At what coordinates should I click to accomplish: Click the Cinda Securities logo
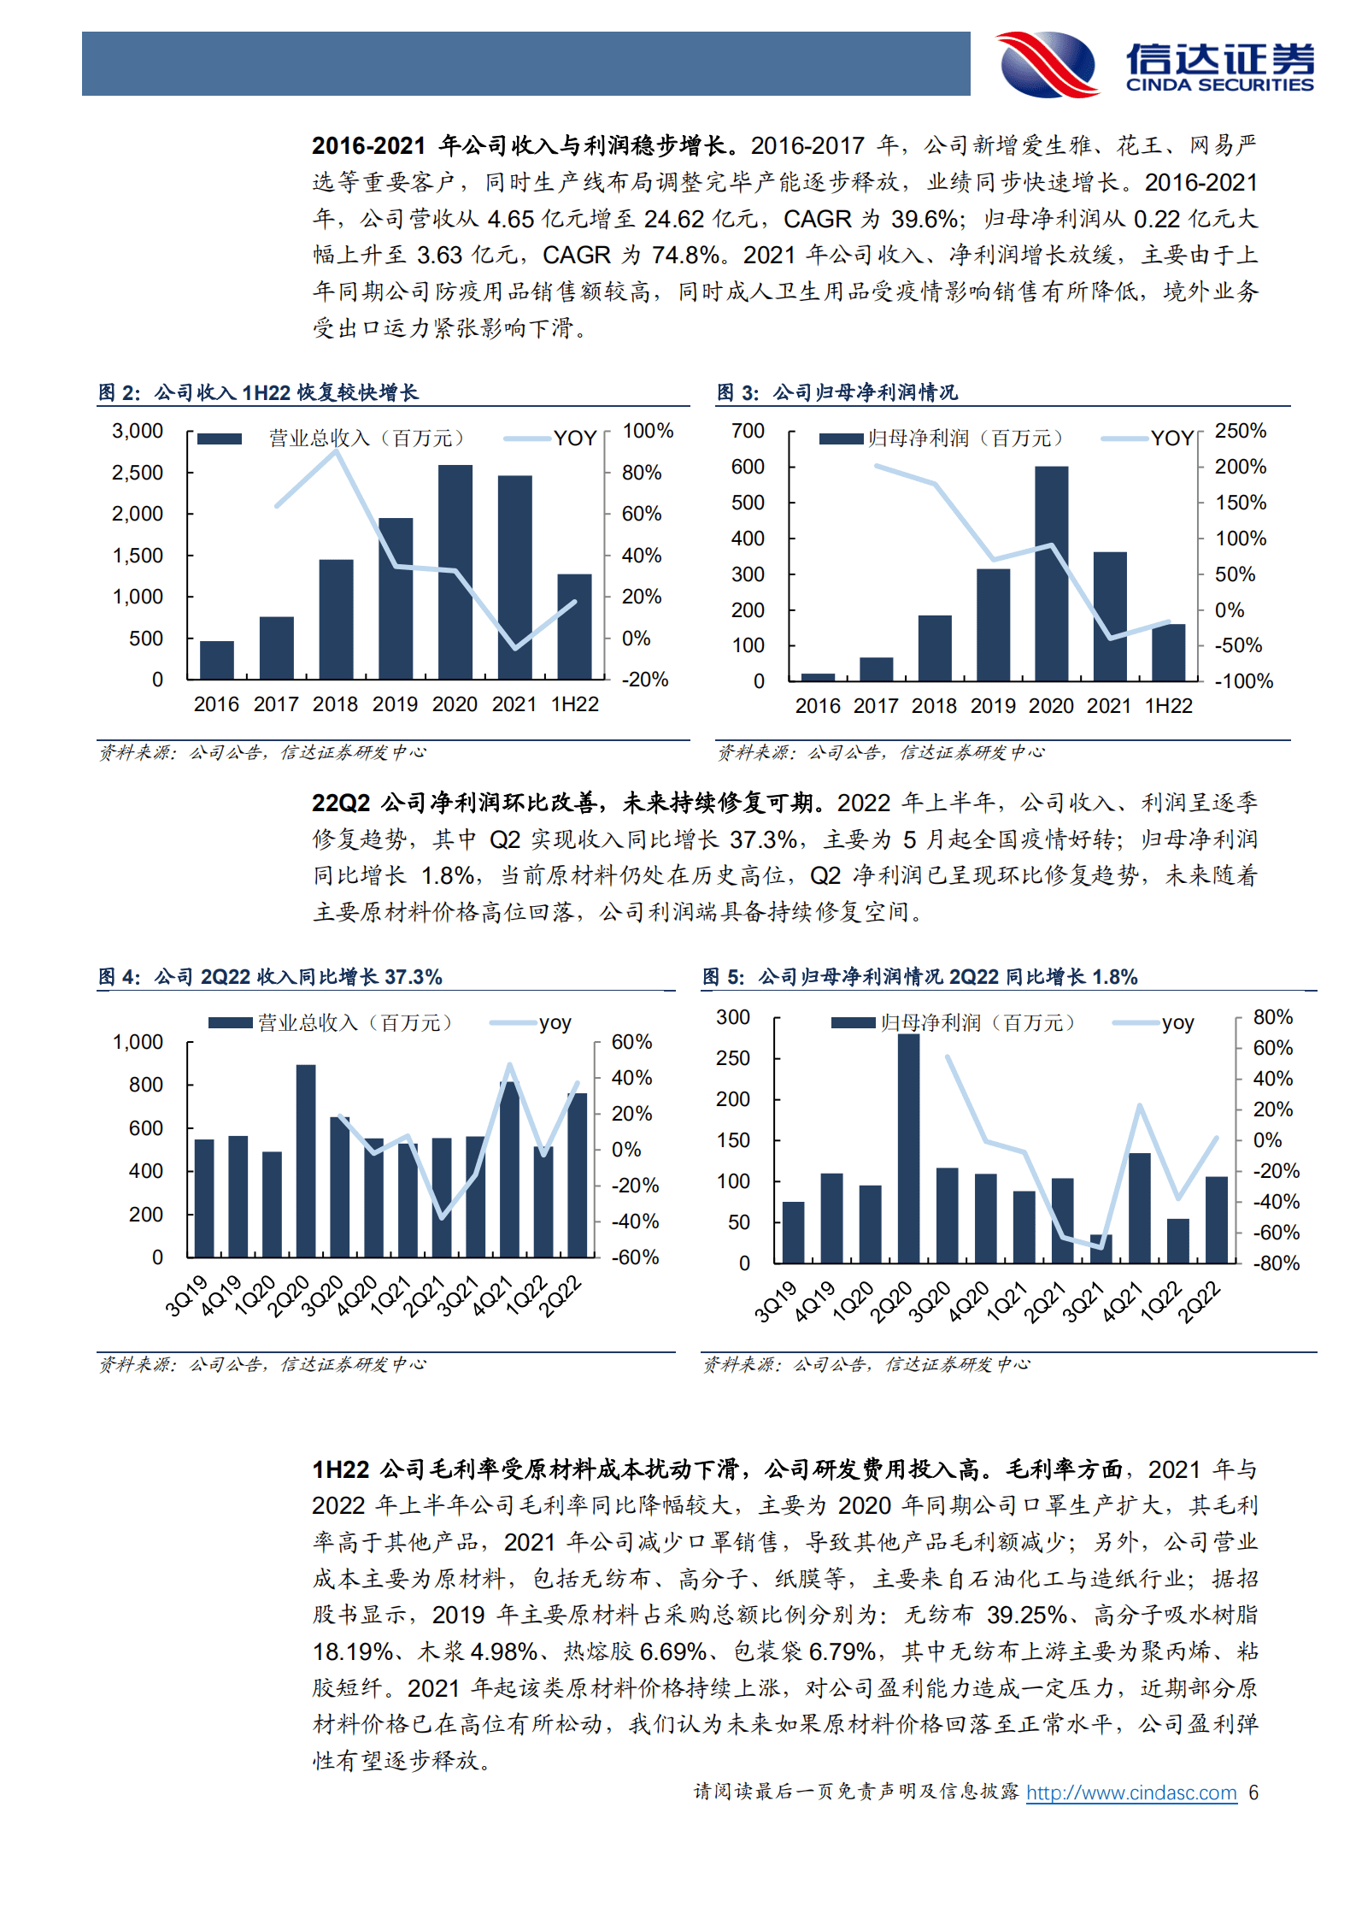(x=1153, y=64)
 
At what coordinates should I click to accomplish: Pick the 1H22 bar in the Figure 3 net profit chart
(x=1168, y=652)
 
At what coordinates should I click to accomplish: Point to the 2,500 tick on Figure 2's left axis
(x=138, y=473)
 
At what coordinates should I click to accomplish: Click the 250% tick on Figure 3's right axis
(x=1240, y=431)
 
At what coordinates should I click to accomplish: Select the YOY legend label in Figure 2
(x=574, y=439)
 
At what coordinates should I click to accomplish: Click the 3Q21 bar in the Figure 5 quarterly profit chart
(x=1101, y=1249)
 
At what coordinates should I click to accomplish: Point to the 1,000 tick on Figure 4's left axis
(x=138, y=1042)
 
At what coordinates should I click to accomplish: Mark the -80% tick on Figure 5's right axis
(x=1276, y=1263)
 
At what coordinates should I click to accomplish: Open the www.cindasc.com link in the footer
(x=1130, y=1792)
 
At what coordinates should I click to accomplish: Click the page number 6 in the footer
(x=1253, y=1792)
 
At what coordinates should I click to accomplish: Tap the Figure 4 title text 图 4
(x=119, y=977)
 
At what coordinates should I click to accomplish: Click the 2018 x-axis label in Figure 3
(x=934, y=706)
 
